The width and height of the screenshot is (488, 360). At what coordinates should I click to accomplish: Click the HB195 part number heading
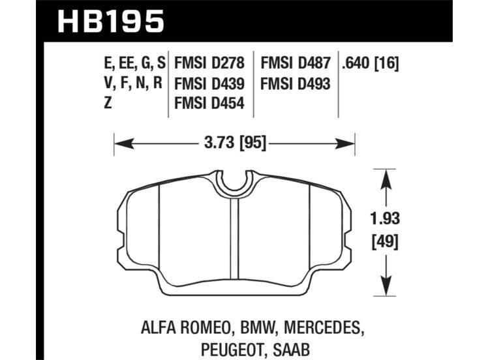110,21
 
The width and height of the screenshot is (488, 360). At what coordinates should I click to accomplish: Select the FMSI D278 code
209,63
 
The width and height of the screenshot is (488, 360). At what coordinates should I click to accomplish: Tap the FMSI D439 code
209,83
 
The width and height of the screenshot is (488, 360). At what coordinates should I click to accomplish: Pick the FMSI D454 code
209,103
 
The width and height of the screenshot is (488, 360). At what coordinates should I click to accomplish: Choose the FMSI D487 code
295,63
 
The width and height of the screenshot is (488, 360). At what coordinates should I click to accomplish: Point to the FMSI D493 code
295,83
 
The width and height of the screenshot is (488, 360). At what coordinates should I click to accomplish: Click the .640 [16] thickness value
370,63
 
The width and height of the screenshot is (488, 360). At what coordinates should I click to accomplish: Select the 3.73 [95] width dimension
236,143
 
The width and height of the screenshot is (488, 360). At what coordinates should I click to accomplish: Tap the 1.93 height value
385,218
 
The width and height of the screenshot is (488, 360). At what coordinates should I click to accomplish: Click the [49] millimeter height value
385,241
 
